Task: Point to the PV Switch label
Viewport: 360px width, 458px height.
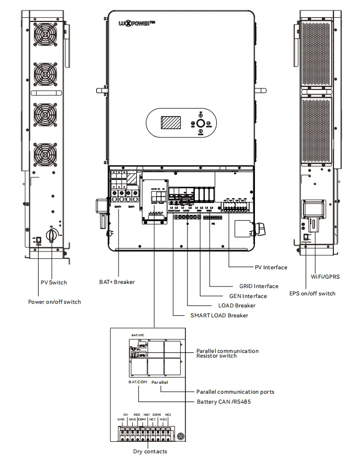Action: point(54,282)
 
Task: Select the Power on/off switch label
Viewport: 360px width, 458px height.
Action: point(55,302)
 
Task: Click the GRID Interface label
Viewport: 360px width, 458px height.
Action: point(255,286)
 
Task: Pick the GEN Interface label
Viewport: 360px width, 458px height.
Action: point(248,296)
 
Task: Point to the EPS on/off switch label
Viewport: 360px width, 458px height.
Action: point(312,293)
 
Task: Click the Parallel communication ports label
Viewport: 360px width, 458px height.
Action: point(235,392)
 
